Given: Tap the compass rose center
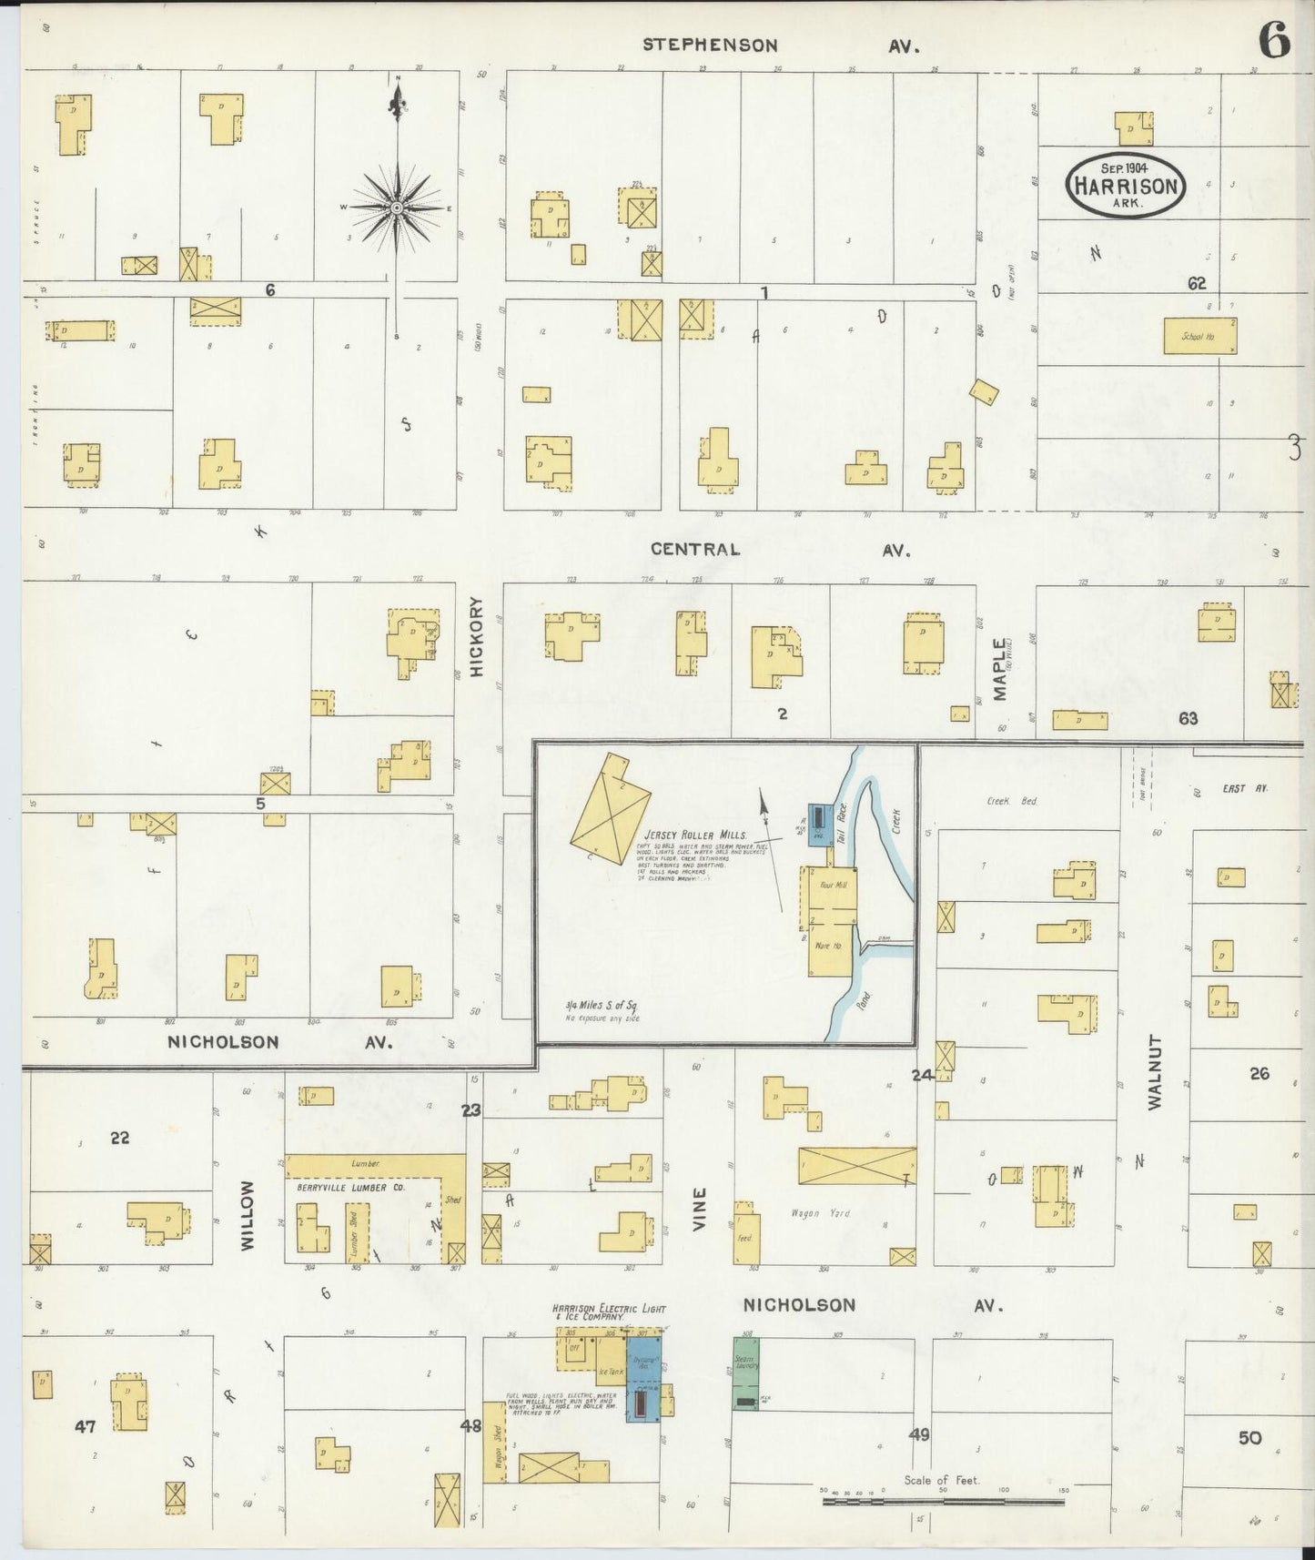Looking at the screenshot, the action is [x=397, y=208].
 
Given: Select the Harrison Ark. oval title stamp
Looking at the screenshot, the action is [x=1126, y=186].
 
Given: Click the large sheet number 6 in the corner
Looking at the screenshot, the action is [x=1274, y=39].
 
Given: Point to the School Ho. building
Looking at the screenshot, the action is [x=1199, y=336].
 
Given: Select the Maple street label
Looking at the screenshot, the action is [x=1000, y=669].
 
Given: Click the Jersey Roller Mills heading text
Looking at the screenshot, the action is [x=695, y=835].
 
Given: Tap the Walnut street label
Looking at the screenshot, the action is [x=1156, y=1071].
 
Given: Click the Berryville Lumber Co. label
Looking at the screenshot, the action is [x=350, y=1187].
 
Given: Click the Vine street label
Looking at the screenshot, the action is [x=699, y=1209].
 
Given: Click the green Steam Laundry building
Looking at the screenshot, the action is [x=745, y=1373].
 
